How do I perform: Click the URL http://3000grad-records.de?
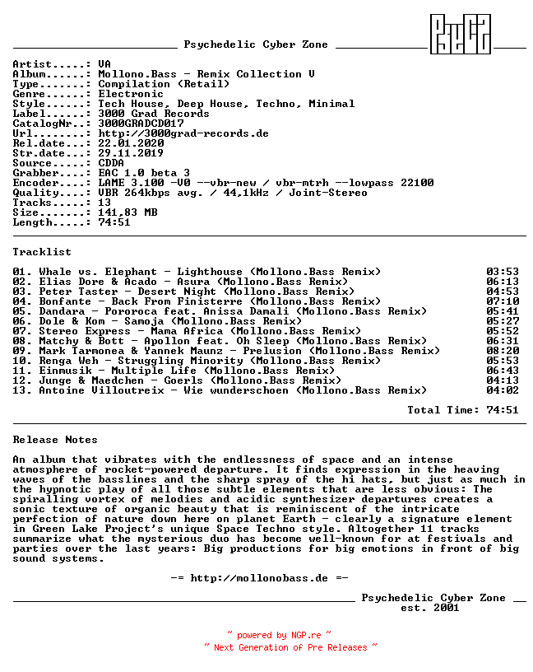pos(183,133)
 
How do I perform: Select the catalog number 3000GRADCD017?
pos(141,124)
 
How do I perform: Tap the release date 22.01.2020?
pos(131,143)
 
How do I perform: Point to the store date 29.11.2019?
pos(131,153)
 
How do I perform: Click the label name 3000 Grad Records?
pos(154,114)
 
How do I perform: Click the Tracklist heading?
pos(42,252)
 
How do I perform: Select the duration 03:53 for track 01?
pos(503,272)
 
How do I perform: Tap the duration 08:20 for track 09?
pos(503,351)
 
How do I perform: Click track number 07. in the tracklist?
pos(22,331)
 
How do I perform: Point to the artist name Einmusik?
pos(65,371)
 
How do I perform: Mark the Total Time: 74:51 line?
pos(463,410)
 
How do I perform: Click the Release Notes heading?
pos(55,440)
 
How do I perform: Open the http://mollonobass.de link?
pos(259,578)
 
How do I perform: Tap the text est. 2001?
pos(430,608)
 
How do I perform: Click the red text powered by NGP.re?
pos(279,636)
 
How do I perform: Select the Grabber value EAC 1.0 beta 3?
pos(144,173)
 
